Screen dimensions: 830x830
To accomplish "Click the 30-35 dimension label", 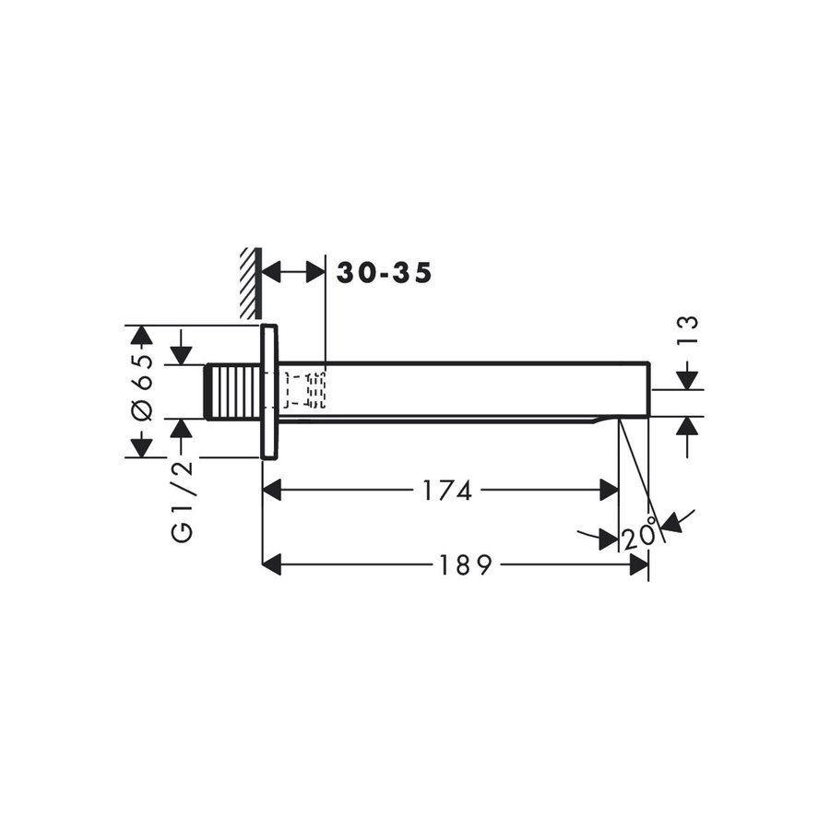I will (384, 273).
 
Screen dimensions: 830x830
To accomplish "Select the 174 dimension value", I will (447, 491).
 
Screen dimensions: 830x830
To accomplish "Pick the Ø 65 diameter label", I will (140, 388).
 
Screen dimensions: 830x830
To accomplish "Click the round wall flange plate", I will (269, 392).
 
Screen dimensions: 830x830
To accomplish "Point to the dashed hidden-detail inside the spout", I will (304, 390).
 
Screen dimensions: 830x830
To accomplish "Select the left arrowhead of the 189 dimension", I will (271, 564).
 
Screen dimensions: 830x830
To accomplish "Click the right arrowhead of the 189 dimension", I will (639, 564).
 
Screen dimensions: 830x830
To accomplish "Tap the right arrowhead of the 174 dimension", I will (610, 491).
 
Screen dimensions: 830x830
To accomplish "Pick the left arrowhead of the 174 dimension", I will (271, 491).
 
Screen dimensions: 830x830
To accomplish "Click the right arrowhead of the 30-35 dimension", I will (315, 272).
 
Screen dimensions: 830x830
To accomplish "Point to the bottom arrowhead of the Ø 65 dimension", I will (140, 447).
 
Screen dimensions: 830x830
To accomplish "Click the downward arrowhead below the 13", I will (688, 379).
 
